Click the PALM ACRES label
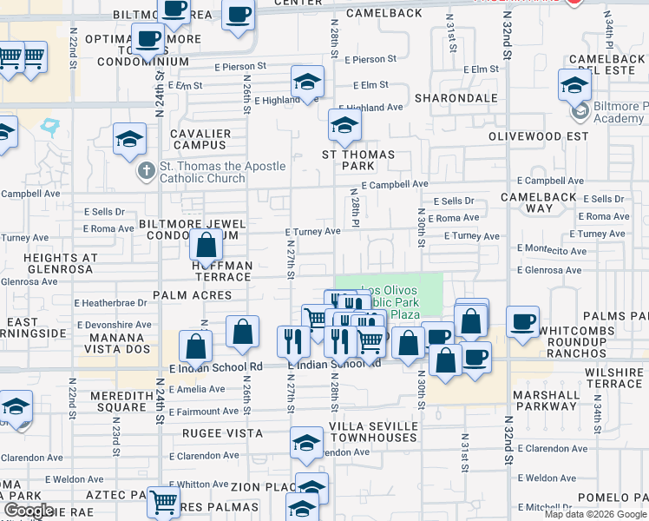point(193,295)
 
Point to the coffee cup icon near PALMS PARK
point(522,320)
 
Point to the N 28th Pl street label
point(355,209)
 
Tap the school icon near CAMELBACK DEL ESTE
point(574,86)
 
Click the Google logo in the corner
point(29,510)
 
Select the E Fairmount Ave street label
point(204,411)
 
